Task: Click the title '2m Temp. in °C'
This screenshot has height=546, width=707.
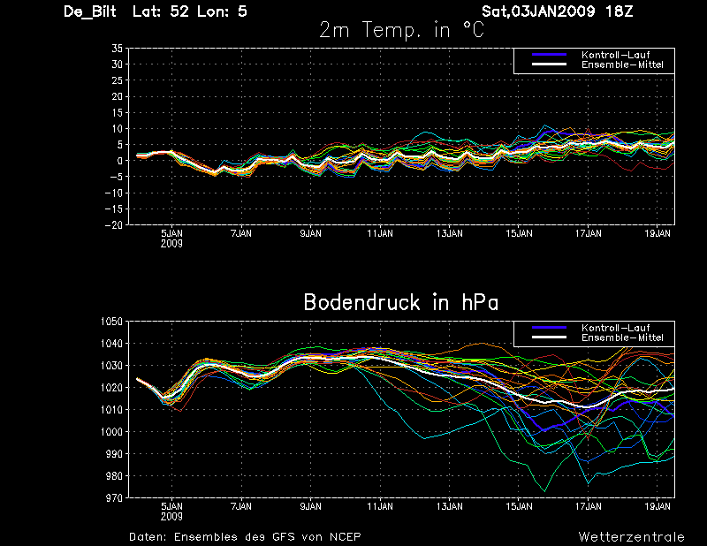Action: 401,30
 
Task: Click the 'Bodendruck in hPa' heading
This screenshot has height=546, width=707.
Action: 400,303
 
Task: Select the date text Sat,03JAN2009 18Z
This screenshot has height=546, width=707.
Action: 557,11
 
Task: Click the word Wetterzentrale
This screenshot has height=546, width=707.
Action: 631,536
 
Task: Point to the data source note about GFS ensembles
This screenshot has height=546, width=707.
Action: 245,536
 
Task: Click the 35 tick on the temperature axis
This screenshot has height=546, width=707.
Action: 117,49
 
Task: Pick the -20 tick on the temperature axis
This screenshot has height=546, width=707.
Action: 115,224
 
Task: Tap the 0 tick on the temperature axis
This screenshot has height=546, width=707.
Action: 119,161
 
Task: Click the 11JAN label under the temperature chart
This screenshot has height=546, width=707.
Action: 380,234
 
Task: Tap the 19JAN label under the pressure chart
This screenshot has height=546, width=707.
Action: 658,508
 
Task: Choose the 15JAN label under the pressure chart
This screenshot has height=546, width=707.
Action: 519,508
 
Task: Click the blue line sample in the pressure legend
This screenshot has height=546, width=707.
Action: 549,328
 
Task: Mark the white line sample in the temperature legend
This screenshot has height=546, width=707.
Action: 549,65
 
